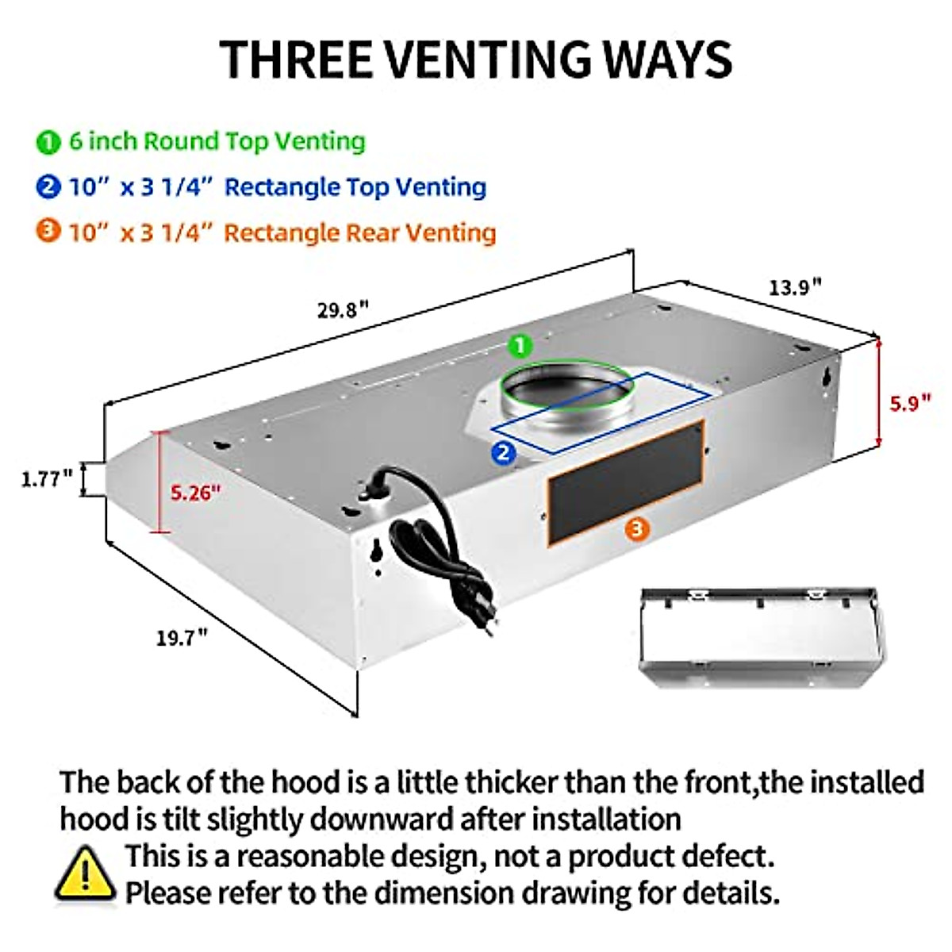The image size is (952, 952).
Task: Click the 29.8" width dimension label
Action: click(343, 309)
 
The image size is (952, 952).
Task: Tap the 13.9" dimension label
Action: click(794, 286)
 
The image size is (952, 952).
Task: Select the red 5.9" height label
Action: click(908, 403)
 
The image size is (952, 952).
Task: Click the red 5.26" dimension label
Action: click(195, 493)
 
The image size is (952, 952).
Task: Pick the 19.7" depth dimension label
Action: click(182, 636)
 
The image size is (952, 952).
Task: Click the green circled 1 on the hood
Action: click(520, 346)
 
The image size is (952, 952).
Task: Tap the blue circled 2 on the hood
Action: click(504, 453)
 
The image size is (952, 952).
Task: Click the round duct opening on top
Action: click(566, 389)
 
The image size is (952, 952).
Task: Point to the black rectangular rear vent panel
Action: click(625, 480)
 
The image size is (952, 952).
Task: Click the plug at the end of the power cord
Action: click(486, 623)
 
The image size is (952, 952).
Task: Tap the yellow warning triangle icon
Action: click(85, 874)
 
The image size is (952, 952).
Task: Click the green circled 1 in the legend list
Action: click(48, 142)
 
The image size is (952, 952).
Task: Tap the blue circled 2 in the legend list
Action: click(48, 187)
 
